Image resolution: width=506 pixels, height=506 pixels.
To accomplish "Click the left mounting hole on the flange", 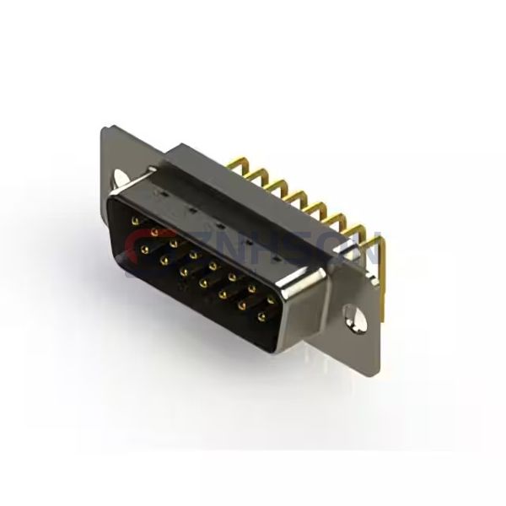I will click(119, 179).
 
